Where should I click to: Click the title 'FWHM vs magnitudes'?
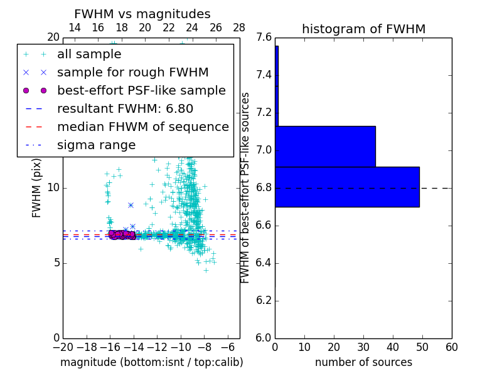pyautogui.click(x=142, y=14)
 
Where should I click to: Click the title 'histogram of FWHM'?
pyautogui.click(x=363, y=29)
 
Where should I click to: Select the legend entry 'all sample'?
pyautogui.click(x=89, y=55)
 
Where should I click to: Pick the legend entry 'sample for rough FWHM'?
pyautogui.click(x=132, y=73)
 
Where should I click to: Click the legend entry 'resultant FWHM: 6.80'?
pyautogui.click(x=125, y=108)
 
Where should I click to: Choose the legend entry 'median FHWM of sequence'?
pyautogui.click(x=142, y=127)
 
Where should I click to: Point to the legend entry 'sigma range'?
pyautogui.click(x=96, y=145)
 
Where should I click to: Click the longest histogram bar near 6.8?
pyautogui.click(x=347, y=187)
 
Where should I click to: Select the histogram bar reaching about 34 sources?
pyautogui.click(x=325, y=146)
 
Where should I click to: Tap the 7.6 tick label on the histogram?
pyautogui.click(x=264, y=38)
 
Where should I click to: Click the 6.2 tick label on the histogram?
pyautogui.click(x=264, y=300)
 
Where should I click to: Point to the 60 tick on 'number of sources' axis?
pyautogui.click(x=451, y=347)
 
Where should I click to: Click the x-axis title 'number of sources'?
pyautogui.click(x=363, y=362)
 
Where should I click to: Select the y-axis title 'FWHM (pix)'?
pyautogui.click(x=37, y=187)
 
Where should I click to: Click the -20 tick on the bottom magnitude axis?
pyautogui.click(x=63, y=347)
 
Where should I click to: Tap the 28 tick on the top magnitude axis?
pyautogui.click(x=239, y=28)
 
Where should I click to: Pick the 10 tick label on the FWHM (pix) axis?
pyautogui.click(x=53, y=188)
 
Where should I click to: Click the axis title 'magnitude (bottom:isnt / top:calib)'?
pyautogui.click(x=151, y=362)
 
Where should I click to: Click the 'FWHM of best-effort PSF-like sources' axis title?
pyautogui.click(x=245, y=187)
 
